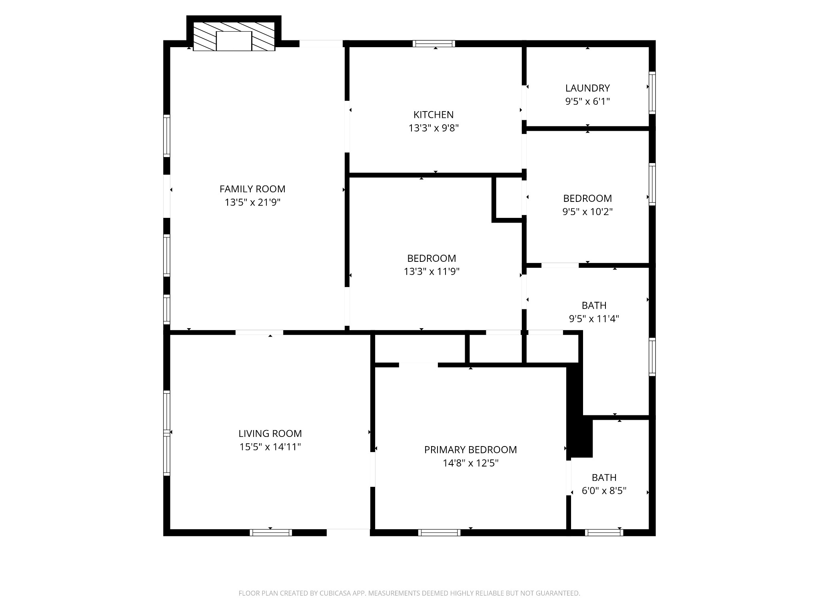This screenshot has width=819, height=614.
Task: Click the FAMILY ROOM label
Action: [x=252, y=189]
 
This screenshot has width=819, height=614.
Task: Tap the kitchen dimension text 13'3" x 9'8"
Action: [x=433, y=128]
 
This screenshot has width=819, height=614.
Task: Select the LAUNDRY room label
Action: [x=587, y=88]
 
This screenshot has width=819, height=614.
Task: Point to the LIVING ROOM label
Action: [x=270, y=433]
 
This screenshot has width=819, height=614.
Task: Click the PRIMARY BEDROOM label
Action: [x=470, y=450]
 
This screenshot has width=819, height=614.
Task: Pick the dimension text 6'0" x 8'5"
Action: [x=604, y=490]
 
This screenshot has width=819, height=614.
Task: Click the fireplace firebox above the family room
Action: [x=234, y=41]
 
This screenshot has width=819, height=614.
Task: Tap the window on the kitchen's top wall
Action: [x=434, y=44]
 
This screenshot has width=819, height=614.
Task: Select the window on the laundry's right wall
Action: [x=652, y=93]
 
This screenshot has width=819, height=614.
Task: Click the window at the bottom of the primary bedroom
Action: [x=439, y=532]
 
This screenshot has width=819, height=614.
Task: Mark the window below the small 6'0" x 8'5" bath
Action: [x=604, y=532]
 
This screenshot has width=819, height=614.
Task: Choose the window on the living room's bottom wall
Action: [x=271, y=532]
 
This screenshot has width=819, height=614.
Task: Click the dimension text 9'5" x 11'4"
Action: [x=594, y=319]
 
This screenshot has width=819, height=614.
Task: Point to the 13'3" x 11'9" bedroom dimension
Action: [x=431, y=272]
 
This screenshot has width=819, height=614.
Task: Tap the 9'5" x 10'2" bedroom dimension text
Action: [x=587, y=212]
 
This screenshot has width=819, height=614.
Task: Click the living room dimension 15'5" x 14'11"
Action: [x=270, y=447]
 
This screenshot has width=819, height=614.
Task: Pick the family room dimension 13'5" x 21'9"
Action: [x=252, y=203]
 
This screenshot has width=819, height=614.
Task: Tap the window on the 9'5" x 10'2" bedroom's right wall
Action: [x=652, y=184]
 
